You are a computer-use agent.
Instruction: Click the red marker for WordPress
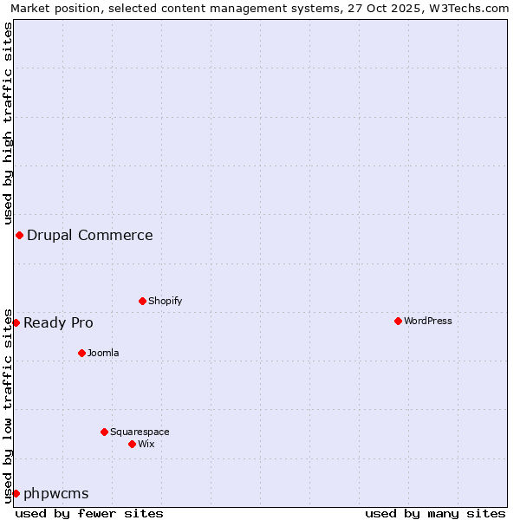click(398, 321)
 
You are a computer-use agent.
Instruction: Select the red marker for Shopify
click(142, 301)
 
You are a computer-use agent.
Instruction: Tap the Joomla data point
click(81, 353)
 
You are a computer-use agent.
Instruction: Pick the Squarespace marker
click(104, 432)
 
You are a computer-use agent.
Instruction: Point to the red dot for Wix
click(132, 444)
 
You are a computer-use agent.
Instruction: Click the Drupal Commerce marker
click(19, 235)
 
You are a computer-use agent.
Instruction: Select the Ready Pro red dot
click(16, 322)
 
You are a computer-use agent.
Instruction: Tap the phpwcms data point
click(16, 493)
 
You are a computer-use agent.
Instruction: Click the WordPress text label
click(427, 321)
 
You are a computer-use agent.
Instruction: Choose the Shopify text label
click(165, 301)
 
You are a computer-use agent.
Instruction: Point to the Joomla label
click(103, 353)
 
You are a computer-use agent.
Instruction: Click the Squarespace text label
click(140, 432)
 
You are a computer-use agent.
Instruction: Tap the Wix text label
click(146, 444)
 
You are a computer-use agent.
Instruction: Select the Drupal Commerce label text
click(89, 235)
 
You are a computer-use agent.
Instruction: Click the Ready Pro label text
click(58, 322)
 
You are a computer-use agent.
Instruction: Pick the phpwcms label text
click(55, 493)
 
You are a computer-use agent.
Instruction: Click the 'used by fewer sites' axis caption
click(89, 513)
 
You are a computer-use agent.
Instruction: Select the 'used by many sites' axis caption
click(435, 513)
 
